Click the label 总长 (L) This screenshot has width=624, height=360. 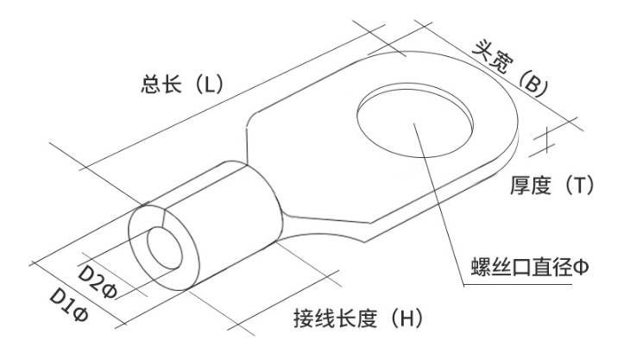(182, 85)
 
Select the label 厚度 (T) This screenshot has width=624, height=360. (552, 185)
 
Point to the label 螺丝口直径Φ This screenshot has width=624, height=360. (530, 267)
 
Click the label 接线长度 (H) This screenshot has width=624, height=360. (358, 319)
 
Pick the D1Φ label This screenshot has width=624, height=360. (69, 305)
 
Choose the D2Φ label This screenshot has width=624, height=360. (97, 282)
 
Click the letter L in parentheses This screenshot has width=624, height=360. (210, 85)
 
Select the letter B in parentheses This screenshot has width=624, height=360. (532, 85)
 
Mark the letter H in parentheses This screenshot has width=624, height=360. (407, 319)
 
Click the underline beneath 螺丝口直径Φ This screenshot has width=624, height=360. (518, 285)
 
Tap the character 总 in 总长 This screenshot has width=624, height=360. (151, 85)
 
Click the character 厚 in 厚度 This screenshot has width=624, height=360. (520, 185)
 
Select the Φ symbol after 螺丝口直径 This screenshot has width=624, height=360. (581, 267)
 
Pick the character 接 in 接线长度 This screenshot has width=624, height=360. (304, 319)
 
